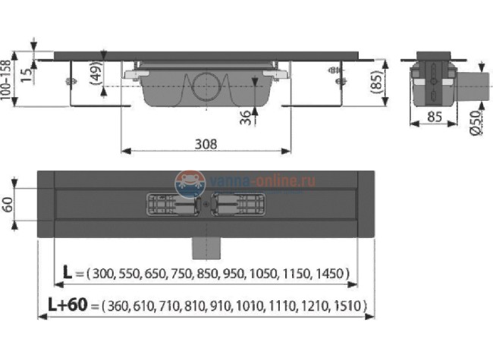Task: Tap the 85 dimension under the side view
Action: [x=433, y=117]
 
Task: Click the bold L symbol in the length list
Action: [x=68, y=273]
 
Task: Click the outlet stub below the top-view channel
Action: [x=205, y=245]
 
